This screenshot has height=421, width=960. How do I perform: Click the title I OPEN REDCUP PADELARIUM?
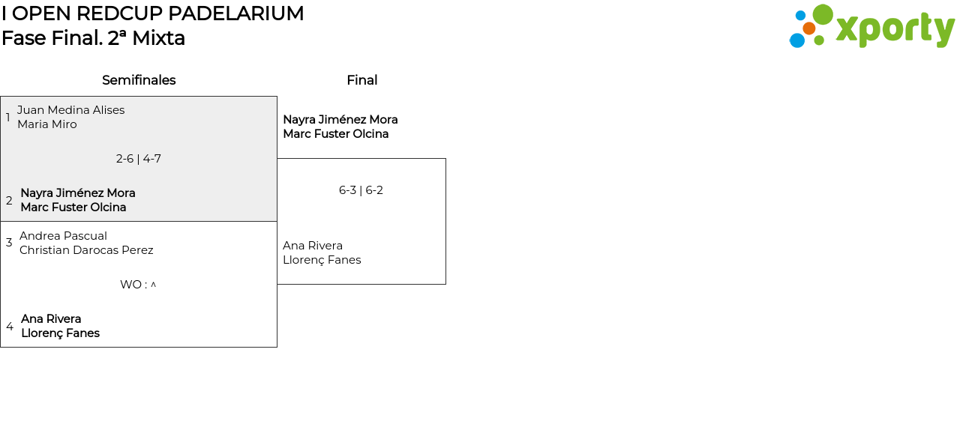153,13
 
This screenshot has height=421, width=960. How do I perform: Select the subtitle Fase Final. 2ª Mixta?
93,38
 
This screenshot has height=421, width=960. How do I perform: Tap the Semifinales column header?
139,80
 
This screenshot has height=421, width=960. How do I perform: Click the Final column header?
361,80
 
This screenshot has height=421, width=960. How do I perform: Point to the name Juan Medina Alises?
70,110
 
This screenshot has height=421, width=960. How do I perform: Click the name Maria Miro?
46,124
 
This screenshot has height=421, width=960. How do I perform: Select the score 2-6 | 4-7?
139,159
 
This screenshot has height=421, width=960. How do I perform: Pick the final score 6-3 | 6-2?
361,190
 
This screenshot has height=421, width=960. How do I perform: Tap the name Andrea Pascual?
63,236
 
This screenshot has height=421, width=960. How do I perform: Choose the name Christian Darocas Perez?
86,250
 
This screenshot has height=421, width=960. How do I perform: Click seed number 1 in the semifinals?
8,118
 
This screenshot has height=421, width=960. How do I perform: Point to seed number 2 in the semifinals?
9,201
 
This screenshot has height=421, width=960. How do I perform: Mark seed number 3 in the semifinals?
9,243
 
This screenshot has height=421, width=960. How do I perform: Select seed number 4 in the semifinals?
9,327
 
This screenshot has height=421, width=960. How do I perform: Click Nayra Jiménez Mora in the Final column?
340,120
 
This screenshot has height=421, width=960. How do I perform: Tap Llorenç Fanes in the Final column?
322,260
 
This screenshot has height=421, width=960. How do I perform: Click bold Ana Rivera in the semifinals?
51,319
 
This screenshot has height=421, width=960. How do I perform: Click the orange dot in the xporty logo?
808,28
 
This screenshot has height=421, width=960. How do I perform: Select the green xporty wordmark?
895,30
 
